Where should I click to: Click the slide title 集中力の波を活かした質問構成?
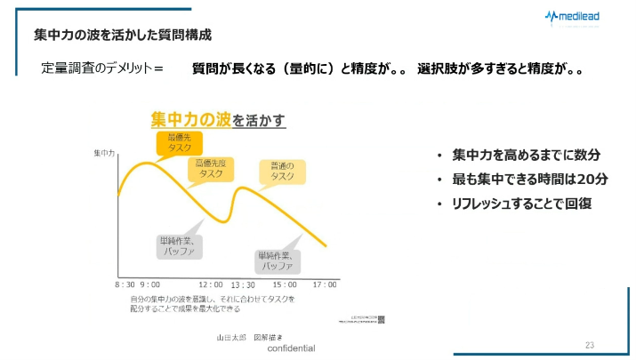(x=122, y=35)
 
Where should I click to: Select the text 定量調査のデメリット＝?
(x=102, y=68)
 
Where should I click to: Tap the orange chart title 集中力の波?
(x=190, y=119)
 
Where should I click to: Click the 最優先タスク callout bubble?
(x=179, y=143)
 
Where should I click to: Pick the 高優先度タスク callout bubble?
(x=210, y=169)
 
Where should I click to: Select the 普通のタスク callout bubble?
(x=282, y=171)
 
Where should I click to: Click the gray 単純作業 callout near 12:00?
(x=181, y=245)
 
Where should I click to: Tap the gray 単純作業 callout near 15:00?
(x=277, y=260)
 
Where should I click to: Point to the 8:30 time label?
(x=125, y=284)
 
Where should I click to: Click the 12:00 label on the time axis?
(x=210, y=284)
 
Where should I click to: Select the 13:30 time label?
(x=243, y=284)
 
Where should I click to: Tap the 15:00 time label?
(x=285, y=284)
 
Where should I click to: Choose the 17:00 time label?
(x=325, y=284)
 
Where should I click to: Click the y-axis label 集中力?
(x=105, y=153)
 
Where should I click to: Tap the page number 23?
(x=590, y=344)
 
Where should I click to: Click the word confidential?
(x=291, y=348)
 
